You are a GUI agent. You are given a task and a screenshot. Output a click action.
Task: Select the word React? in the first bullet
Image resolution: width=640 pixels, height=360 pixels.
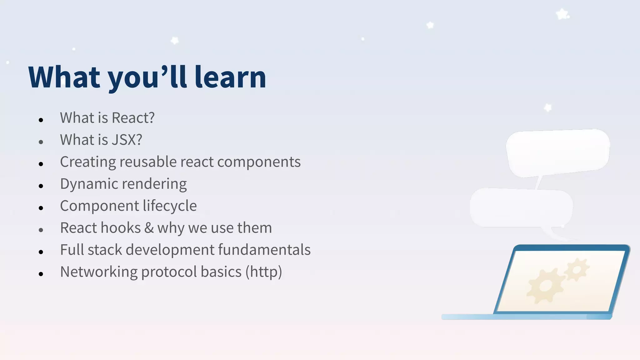click(x=133, y=118)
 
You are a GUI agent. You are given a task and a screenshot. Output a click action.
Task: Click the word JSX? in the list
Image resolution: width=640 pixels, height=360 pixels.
click(x=127, y=140)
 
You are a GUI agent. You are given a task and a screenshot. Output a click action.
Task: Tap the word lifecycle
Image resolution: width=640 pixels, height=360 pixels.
click(x=170, y=206)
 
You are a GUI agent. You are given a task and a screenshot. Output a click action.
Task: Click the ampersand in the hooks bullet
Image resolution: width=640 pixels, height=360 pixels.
click(x=149, y=228)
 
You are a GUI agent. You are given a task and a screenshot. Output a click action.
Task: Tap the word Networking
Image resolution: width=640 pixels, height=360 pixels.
click(x=99, y=272)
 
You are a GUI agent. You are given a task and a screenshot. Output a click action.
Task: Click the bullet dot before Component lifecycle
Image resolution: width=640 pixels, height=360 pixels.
click(x=41, y=208)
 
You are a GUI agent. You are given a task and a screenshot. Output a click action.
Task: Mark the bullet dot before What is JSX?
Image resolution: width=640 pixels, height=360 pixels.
click(x=41, y=142)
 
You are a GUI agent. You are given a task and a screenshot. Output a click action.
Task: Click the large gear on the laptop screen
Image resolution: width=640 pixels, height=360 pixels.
click(x=545, y=285)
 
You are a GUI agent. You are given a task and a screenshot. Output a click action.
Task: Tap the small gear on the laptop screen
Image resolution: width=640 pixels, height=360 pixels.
click(x=577, y=269)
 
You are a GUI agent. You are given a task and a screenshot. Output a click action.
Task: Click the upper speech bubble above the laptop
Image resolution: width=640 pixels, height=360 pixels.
click(x=557, y=152)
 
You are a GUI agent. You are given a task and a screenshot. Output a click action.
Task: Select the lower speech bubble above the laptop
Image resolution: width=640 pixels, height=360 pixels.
click(x=521, y=207)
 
